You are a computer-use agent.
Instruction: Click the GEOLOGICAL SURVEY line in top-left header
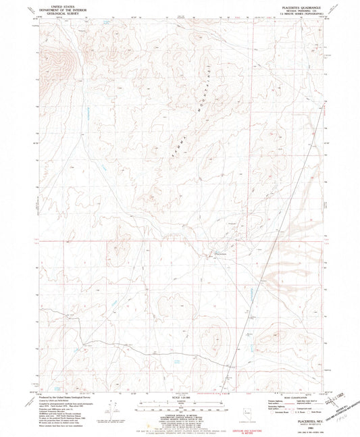tap(59, 13)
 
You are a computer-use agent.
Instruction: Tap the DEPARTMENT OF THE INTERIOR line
tap(59, 9)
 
